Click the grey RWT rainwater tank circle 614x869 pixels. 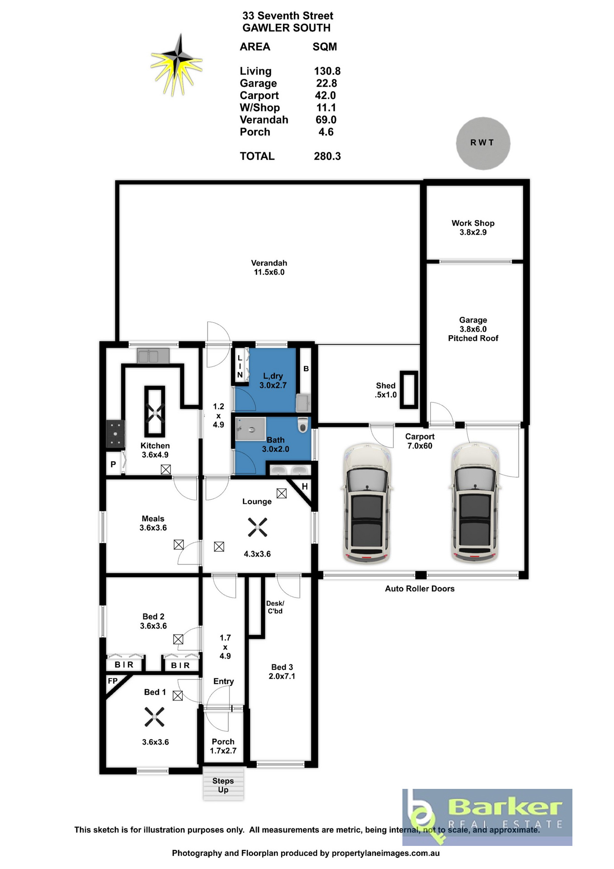(483, 143)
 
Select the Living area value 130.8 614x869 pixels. (327, 71)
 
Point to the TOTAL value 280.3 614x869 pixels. (327, 156)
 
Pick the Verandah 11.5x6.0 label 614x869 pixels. (269, 267)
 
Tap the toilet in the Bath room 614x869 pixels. (303, 425)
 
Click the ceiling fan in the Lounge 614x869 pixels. (257, 527)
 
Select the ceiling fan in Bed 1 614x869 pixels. (155, 717)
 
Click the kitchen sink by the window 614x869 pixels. (153, 356)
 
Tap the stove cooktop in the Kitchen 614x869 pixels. (115, 434)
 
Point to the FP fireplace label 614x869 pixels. (113, 681)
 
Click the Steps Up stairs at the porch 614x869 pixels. (223, 784)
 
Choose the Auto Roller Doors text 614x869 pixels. (420, 588)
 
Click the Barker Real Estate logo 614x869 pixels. (487, 817)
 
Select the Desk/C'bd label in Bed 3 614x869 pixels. (275, 607)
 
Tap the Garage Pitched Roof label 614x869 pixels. (473, 329)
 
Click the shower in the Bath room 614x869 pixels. (250, 429)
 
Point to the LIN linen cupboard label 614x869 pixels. (240, 366)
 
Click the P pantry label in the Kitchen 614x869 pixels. (113, 464)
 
